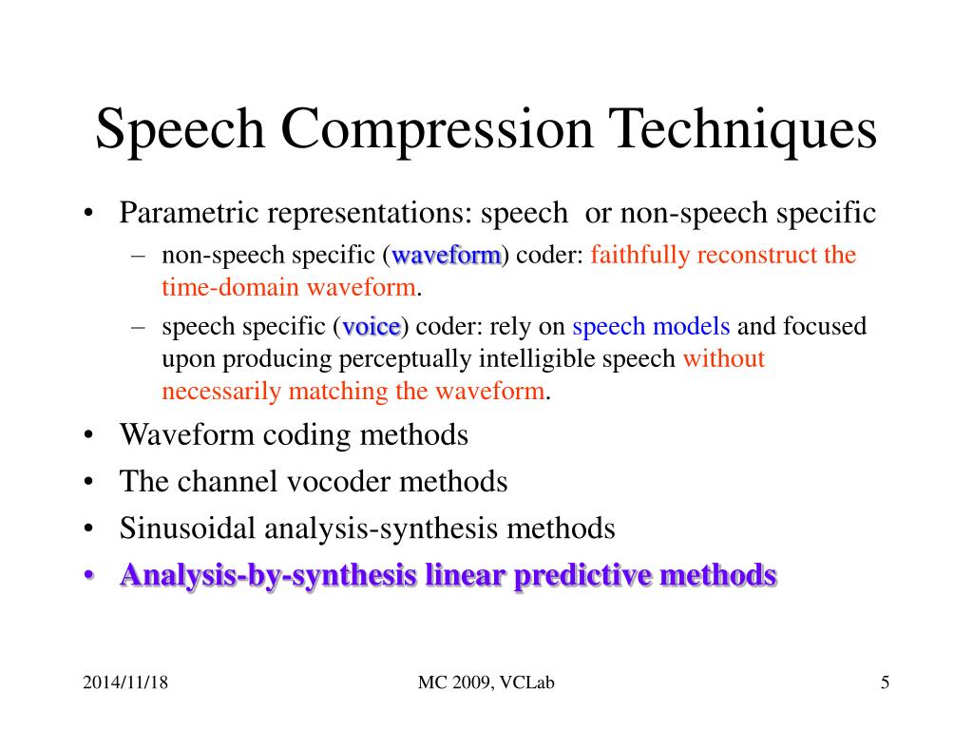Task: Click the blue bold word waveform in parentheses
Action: tap(447, 256)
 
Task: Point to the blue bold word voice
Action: tap(372, 327)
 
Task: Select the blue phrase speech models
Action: tap(651, 327)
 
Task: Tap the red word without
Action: tap(724, 359)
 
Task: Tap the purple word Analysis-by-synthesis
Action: tap(268, 576)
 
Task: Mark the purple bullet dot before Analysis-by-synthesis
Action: tap(88, 576)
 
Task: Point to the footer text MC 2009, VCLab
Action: tap(486, 682)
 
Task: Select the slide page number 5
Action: tap(885, 682)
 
